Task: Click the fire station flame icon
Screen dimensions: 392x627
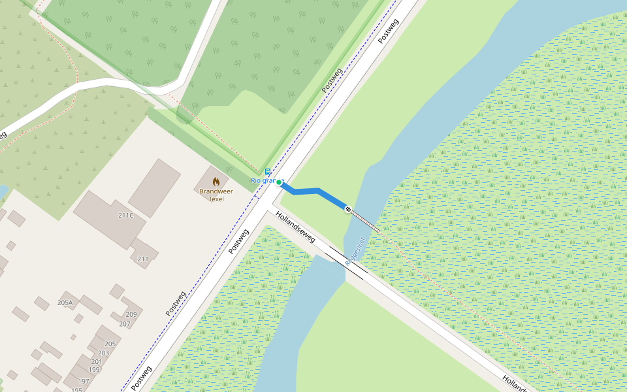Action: (216, 181)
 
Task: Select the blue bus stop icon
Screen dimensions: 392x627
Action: (268, 172)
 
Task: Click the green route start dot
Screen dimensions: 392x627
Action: (279, 183)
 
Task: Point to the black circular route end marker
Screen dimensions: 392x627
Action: (348, 209)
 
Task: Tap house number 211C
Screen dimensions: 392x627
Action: (126, 215)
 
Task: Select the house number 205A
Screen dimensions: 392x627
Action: (65, 302)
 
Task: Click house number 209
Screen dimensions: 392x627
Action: (131, 314)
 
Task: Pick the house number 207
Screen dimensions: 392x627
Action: (124, 324)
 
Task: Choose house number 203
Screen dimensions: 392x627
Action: (103, 353)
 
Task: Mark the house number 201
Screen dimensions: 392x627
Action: (97, 361)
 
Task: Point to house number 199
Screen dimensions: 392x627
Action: (94, 370)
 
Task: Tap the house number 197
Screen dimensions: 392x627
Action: (84, 381)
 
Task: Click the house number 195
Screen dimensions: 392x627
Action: (77, 390)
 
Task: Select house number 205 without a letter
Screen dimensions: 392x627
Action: (110, 344)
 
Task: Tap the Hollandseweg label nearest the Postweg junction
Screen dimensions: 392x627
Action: (295, 227)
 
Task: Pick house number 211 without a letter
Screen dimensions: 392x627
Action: (143, 259)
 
